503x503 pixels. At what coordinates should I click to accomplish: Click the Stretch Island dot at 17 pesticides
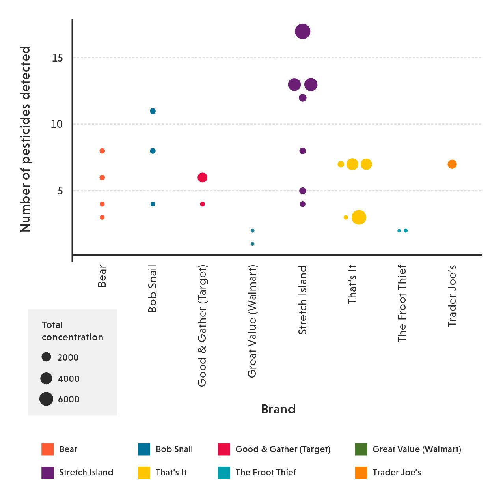point(302,32)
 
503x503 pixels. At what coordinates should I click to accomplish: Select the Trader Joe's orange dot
point(452,164)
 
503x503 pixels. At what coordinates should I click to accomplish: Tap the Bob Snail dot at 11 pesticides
point(153,111)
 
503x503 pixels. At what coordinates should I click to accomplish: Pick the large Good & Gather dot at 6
point(202,178)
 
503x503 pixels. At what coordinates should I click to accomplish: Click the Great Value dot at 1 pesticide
point(252,244)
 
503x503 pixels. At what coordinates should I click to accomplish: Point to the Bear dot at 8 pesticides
point(102,151)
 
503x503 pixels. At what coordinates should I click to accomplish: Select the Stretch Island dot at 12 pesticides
point(302,98)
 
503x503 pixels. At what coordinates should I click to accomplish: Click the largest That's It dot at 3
point(359,217)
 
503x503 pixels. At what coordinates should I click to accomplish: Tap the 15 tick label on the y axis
point(58,58)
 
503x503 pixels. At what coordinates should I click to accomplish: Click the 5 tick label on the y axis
point(60,191)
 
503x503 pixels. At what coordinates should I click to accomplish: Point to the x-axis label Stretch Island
point(302,300)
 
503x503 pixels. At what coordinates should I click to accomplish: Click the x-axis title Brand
point(278,409)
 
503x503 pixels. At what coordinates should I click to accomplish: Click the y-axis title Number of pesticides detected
point(26,139)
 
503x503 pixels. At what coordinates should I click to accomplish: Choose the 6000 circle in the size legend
point(46,399)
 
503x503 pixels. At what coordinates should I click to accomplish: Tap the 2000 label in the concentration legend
point(68,357)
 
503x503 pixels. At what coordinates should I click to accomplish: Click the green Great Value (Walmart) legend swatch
point(361,449)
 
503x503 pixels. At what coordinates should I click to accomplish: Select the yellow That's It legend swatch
point(144,473)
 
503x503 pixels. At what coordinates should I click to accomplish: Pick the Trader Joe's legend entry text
point(397,473)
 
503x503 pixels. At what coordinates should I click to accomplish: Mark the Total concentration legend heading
point(73,331)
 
